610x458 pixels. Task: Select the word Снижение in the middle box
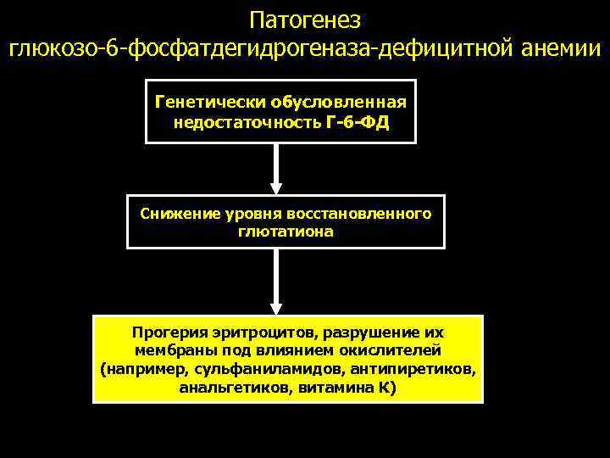pos(175,213)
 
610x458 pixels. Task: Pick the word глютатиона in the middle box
pos(286,231)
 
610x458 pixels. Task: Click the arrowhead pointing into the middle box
pos(275,187)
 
